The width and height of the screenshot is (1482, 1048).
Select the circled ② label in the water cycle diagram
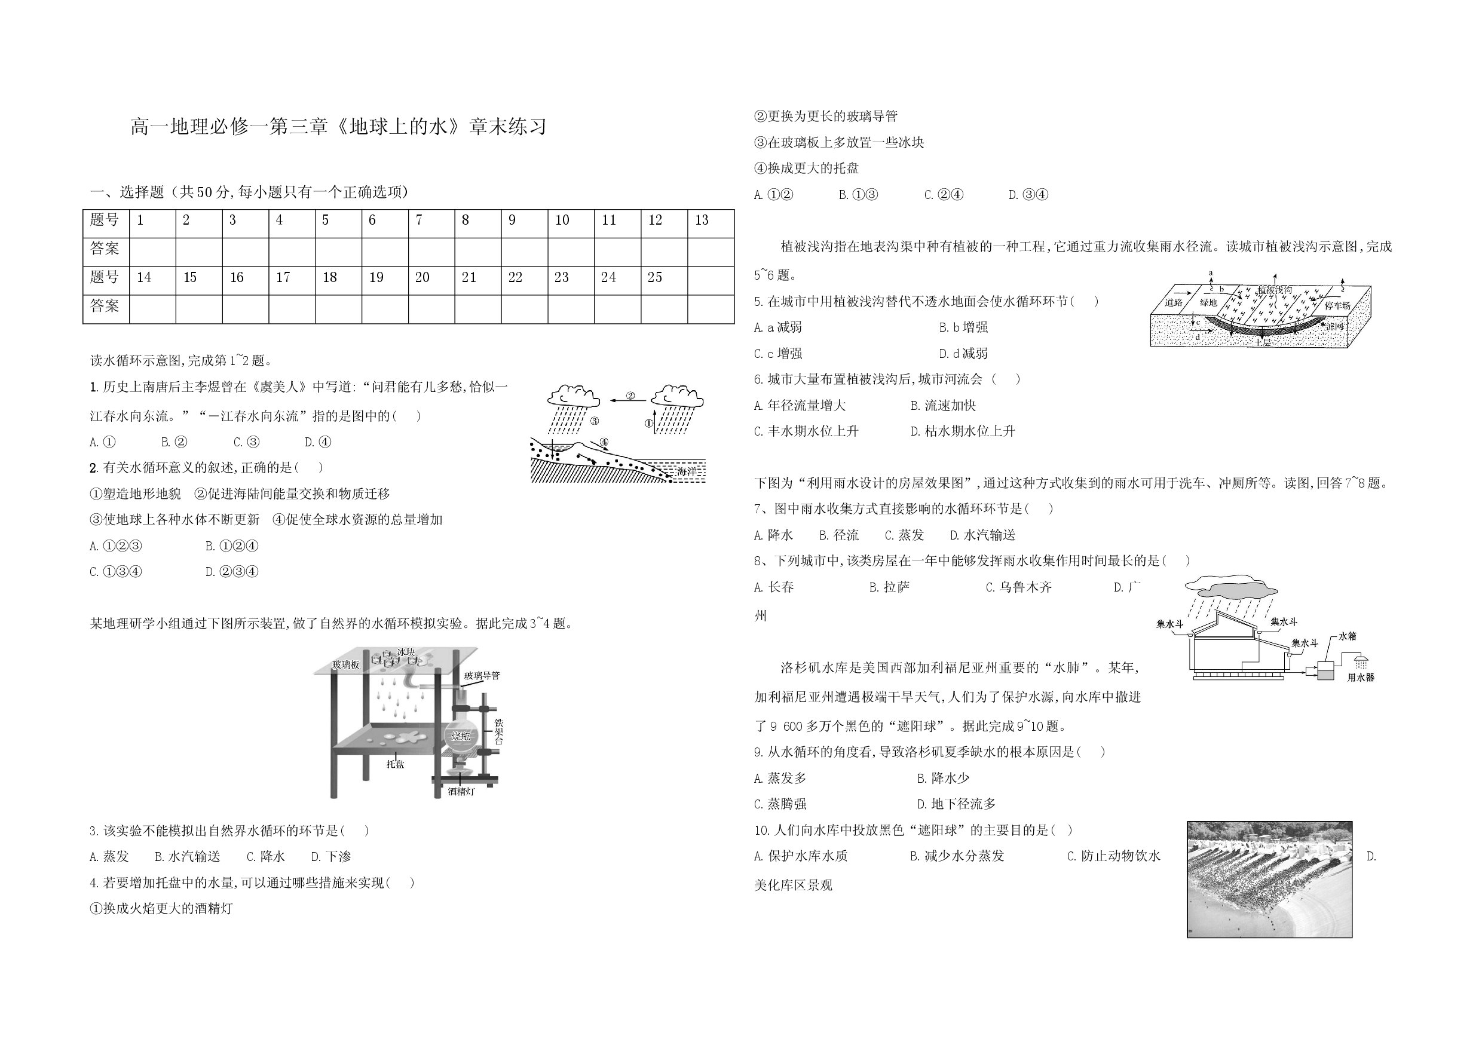(x=630, y=396)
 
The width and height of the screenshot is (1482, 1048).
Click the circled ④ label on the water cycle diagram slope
(x=604, y=442)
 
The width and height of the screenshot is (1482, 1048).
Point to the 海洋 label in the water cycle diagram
(x=686, y=472)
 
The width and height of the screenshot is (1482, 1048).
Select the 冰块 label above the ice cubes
(x=406, y=652)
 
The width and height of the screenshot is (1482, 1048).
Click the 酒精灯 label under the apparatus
(x=461, y=791)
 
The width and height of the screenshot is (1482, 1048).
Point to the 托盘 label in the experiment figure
(x=395, y=764)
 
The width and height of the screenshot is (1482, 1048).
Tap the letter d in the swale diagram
(x=1198, y=337)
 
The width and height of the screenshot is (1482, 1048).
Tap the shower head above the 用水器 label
(x=1361, y=663)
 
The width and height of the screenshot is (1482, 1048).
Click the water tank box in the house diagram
(x=1326, y=671)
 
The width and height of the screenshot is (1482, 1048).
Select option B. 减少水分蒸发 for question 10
(x=957, y=856)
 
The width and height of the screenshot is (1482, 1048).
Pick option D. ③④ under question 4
(x=1029, y=194)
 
